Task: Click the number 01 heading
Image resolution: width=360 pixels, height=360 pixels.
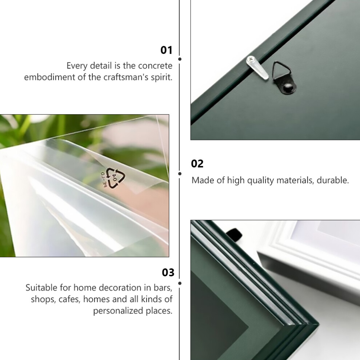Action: (x=166, y=50)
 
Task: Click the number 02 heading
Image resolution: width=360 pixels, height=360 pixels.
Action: (x=197, y=164)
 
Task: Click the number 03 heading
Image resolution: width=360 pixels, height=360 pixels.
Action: (x=168, y=272)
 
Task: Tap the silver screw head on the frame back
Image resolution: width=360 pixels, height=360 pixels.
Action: (x=251, y=60)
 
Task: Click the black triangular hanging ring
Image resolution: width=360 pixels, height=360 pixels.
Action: (x=281, y=71)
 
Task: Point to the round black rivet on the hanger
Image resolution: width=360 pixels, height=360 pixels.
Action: (x=288, y=88)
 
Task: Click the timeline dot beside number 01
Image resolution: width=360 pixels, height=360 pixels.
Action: (x=180, y=59)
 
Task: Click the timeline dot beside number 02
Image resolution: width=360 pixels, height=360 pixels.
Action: (x=180, y=174)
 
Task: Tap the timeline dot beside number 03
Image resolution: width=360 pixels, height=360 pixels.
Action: (x=180, y=283)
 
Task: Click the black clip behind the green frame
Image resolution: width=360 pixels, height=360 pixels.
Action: (x=235, y=235)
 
